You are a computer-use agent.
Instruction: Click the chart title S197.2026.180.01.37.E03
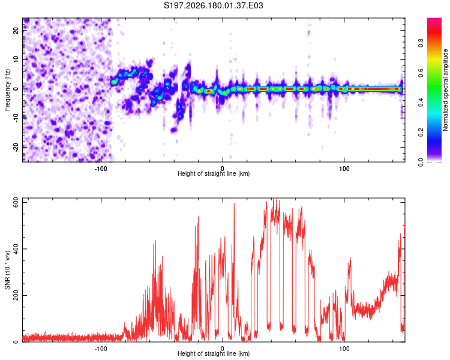[x=213, y=5]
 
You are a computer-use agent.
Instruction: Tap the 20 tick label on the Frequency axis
[x=16, y=31]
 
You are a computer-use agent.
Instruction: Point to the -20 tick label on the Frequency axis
[x=16, y=147]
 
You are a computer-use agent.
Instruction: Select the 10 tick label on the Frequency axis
[x=16, y=59]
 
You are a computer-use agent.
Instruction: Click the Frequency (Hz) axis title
[x=7, y=90]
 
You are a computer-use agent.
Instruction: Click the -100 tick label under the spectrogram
[x=101, y=169]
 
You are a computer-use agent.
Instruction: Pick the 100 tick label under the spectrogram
[x=344, y=169]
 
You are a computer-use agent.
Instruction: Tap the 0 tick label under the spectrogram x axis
[x=223, y=169]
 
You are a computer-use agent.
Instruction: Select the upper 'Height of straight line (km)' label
[x=214, y=173]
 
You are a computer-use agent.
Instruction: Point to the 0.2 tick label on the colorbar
[x=421, y=133]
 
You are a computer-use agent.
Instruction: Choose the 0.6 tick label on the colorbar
[x=421, y=73]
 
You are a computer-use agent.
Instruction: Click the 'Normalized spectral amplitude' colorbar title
[x=445, y=90]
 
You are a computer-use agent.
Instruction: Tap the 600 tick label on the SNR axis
[x=16, y=203]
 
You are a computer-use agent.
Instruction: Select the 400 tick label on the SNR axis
[x=16, y=249]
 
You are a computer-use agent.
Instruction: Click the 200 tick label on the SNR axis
[x=16, y=295]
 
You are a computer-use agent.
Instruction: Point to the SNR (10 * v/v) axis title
[x=7, y=270]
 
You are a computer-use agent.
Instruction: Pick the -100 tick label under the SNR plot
[x=101, y=349]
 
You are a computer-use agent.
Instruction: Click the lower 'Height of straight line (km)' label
[x=214, y=353]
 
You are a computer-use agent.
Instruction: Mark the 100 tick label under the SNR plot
[x=344, y=349]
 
